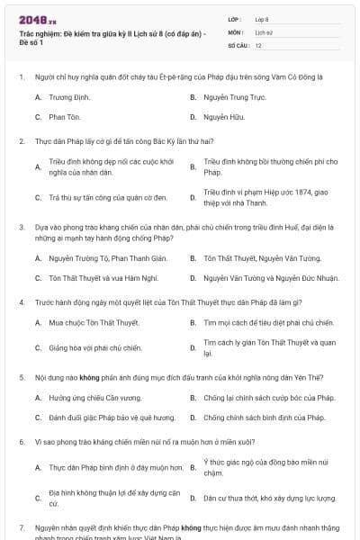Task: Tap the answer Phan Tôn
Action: coord(65,117)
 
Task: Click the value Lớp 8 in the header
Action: coord(262,18)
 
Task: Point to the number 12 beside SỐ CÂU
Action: coord(258,44)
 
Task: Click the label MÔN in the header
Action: coord(236,31)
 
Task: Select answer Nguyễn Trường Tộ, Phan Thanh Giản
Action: coord(95,258)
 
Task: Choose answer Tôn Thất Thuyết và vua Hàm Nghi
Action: coord(92,279)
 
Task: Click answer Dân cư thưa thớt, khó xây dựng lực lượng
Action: coord(270,497)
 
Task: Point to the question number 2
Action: coord(22,141)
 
